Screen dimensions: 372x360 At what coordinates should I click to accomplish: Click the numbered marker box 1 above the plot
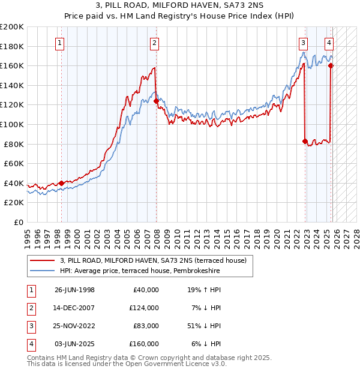61,43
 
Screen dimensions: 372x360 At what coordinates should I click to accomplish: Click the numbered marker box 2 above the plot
154,43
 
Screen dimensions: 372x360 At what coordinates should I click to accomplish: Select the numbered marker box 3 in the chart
303,43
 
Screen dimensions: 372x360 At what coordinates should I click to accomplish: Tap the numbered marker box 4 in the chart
329,43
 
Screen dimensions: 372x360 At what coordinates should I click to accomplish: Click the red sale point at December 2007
156,101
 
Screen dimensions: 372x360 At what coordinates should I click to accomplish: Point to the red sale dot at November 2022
305,142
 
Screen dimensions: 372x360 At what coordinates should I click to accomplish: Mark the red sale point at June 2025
331,66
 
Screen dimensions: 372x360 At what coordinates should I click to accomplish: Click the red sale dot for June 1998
62,183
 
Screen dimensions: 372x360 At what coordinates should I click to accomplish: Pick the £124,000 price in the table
145,307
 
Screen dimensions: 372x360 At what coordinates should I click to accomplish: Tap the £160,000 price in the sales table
145,344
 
